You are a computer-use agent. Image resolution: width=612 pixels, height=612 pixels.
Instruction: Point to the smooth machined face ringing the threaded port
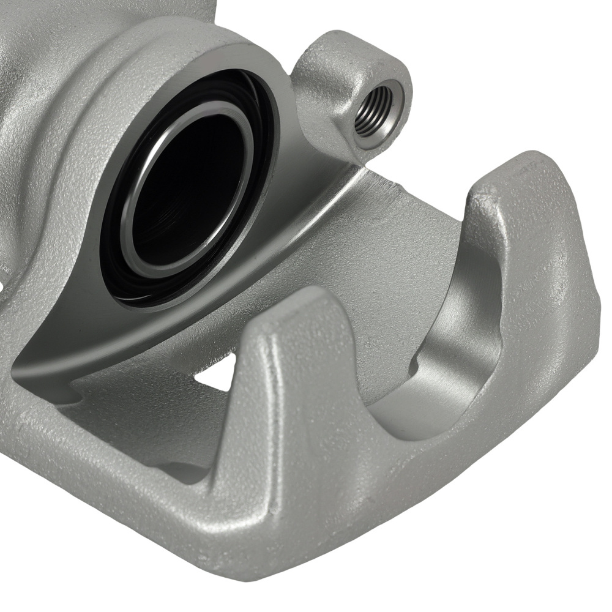point(392,122)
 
